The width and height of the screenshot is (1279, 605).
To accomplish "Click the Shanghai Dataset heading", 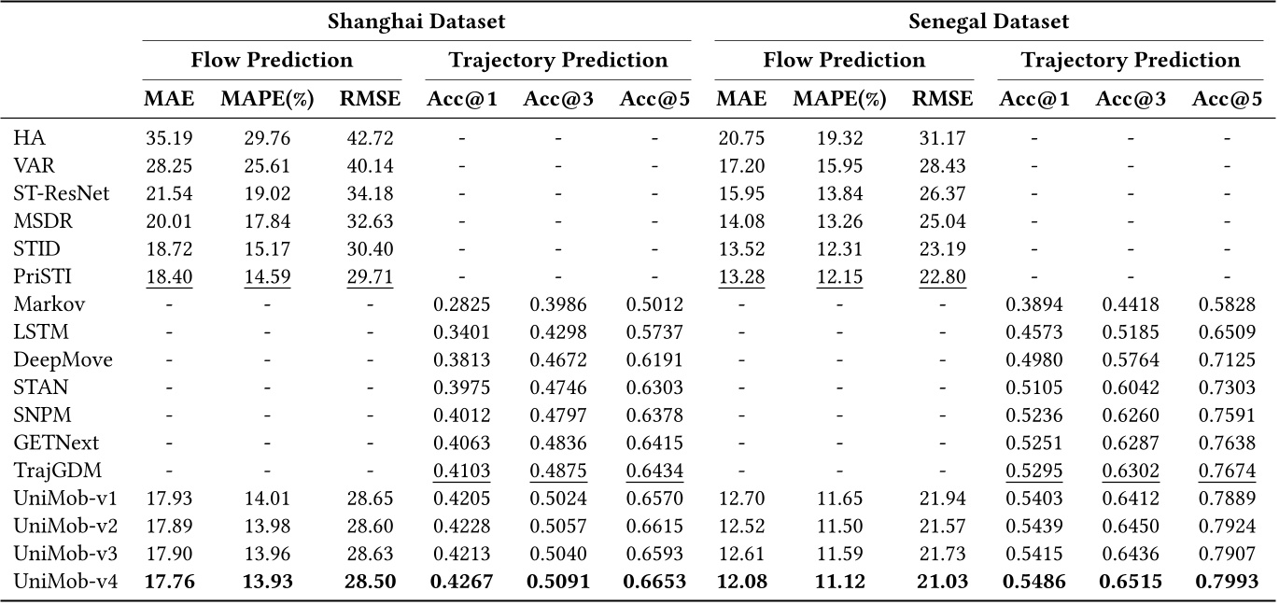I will [x=415, y=20].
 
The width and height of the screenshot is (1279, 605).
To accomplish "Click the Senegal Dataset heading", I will [x=989, y=20].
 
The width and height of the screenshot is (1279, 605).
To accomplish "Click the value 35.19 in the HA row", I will [x=168, y=139].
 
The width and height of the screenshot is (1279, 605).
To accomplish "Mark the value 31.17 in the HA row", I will [x=940, y=139].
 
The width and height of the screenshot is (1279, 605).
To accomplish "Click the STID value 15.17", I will [x=268, y=249].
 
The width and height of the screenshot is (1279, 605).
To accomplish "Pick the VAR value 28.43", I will [x=940, y=167].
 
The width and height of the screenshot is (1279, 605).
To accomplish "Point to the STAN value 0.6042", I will [x=1131, y=387].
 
